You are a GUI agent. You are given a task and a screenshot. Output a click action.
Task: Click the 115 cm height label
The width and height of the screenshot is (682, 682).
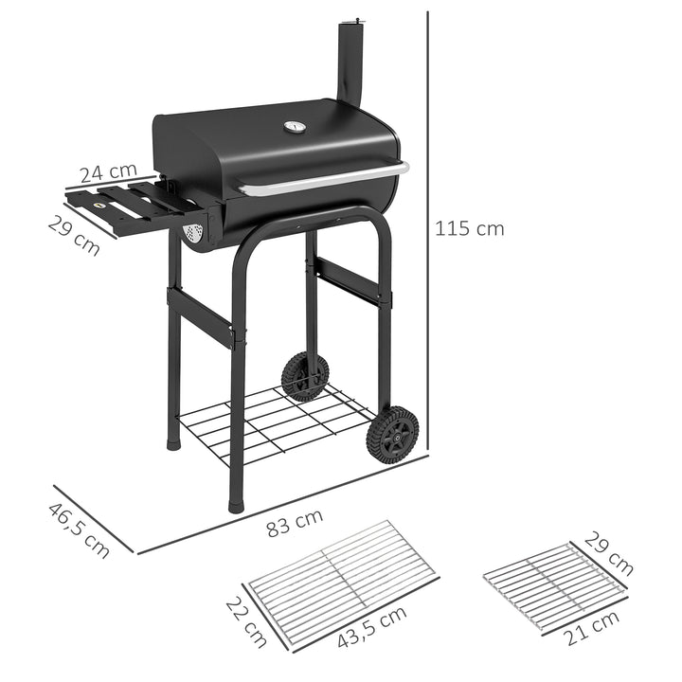pos(470,228)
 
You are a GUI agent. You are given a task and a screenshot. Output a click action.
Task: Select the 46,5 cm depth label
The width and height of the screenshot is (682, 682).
pos(79,529)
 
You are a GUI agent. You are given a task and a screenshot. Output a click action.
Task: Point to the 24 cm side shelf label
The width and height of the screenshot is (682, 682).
pos(107,173)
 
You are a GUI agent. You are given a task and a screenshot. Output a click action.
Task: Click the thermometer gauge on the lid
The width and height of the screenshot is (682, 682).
pos(295,127)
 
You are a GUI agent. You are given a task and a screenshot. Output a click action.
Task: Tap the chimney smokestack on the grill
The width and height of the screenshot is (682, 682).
pos(351,63)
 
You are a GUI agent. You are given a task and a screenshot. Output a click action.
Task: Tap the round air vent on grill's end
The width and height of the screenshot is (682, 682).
pos(193,231)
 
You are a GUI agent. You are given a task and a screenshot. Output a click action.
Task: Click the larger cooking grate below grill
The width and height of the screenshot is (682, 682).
pos(341,577)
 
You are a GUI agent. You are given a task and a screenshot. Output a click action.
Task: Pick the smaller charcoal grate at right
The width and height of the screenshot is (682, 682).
pos(554,585)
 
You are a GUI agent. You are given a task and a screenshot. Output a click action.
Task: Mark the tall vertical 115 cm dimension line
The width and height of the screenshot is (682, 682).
pos(428,227)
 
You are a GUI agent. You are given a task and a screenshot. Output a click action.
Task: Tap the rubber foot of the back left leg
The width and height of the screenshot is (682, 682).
pos(173,441)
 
